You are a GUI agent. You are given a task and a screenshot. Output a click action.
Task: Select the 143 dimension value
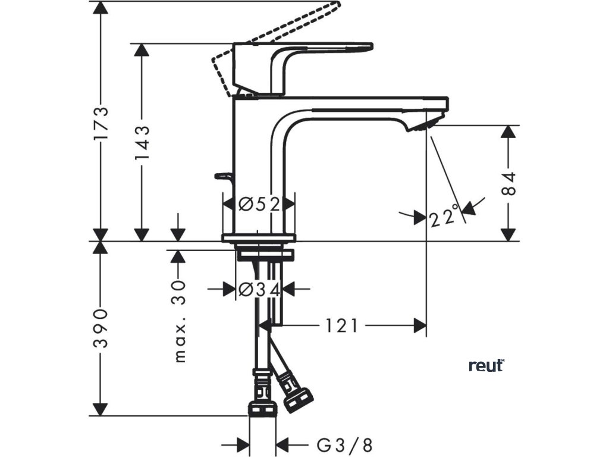[x=142, y=143]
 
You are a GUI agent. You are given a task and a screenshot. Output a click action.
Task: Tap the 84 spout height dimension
[x=508, y=183]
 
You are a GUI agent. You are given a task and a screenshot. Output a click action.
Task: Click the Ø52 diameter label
[x=259, y=205]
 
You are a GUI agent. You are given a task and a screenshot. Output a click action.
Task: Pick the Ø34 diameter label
[x=259, y=290]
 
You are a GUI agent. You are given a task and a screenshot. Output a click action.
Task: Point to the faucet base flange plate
[x=259, y=238]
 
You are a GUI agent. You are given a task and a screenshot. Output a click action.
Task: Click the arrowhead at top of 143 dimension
[x=142, y=51]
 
